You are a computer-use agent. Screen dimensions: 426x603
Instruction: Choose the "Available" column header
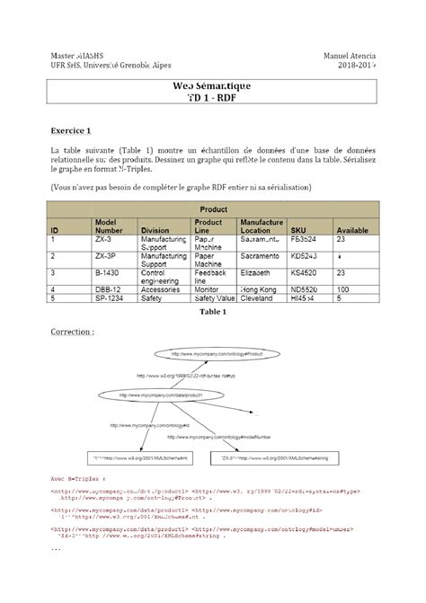(x=352, y=230)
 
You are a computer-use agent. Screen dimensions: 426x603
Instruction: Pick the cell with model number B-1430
(x=106, y=270)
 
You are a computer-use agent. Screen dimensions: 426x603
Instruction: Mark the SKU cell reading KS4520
(x=304, y=270)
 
